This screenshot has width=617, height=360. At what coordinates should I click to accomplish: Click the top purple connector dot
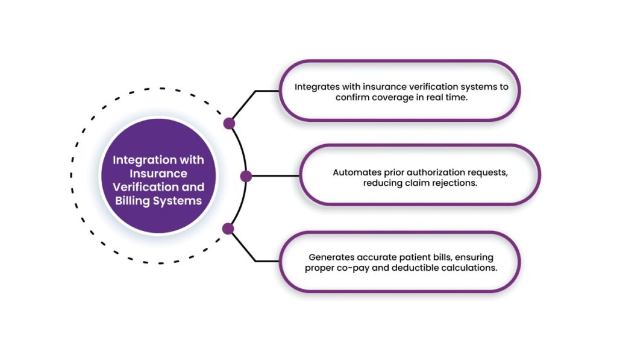coord(229,124)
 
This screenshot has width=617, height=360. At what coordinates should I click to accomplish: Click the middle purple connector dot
coord(246,176)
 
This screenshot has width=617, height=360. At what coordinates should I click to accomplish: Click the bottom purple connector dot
coord(228,229)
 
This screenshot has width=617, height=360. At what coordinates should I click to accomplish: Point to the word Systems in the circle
coord(178,201)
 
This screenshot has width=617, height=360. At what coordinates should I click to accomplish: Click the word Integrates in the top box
coord(316,87)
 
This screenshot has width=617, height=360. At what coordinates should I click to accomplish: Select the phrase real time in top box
coord(446,98)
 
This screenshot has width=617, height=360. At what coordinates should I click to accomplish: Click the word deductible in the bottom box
coord(413,267)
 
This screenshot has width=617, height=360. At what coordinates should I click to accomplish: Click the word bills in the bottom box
coord(429,256)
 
